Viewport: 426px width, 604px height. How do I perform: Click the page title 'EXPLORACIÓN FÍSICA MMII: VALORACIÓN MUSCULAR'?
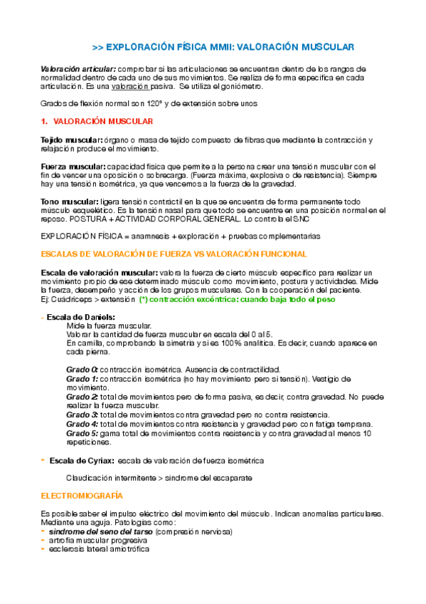tap(223, 47)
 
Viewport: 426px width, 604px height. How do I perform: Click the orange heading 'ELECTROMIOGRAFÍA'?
tap(82, 495)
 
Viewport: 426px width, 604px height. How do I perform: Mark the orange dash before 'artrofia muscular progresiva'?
tap(44, 540)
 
